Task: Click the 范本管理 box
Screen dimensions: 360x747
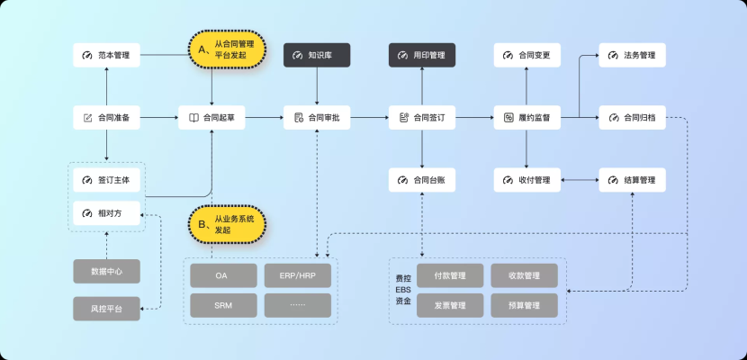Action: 106,56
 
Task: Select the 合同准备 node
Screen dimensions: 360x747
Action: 106,118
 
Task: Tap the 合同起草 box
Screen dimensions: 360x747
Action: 211,118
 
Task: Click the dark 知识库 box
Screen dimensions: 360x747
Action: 317,56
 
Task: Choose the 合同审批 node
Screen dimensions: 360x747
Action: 317,118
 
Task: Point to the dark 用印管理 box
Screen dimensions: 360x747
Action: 422,56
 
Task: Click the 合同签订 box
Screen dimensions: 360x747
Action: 422,118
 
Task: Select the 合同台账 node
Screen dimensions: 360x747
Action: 422,180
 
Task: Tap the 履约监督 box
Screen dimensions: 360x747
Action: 527,118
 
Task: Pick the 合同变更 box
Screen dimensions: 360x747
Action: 527,56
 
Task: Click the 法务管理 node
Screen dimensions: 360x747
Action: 633,56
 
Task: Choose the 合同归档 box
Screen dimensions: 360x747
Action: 633,118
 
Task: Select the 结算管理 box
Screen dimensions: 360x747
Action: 633,180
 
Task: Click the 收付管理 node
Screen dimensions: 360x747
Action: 527,180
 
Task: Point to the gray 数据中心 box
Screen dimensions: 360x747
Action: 106,271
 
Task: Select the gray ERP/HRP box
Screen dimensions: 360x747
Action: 298,274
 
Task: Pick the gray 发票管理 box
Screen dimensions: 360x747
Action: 449,305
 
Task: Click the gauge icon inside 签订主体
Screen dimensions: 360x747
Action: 87,180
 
